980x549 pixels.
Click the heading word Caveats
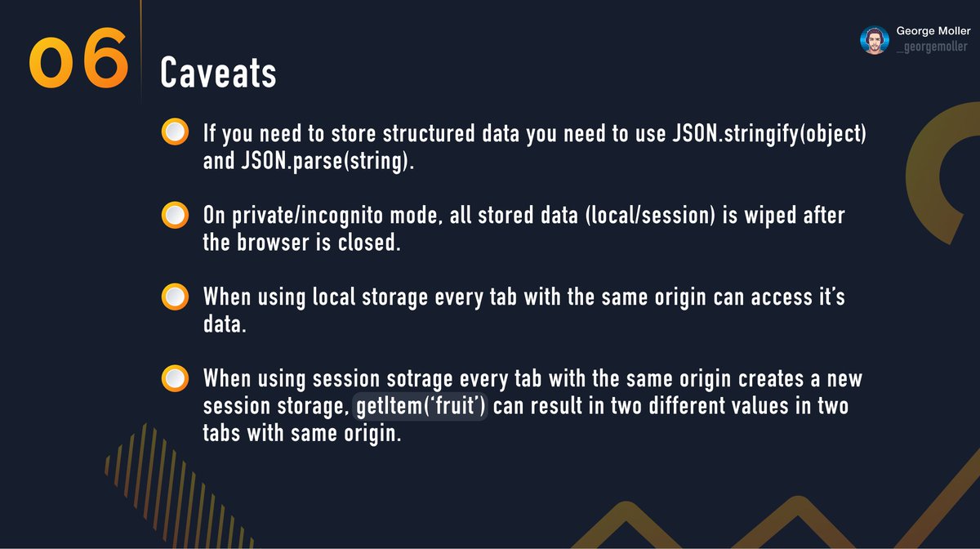(x=218, y=74)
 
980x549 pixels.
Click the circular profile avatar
(x=874, y=40)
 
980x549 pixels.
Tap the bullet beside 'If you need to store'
(x=175, y=132)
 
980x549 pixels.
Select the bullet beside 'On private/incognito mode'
(x=175, y=216)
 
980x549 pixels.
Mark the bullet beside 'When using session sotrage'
(x=175, y=380)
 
